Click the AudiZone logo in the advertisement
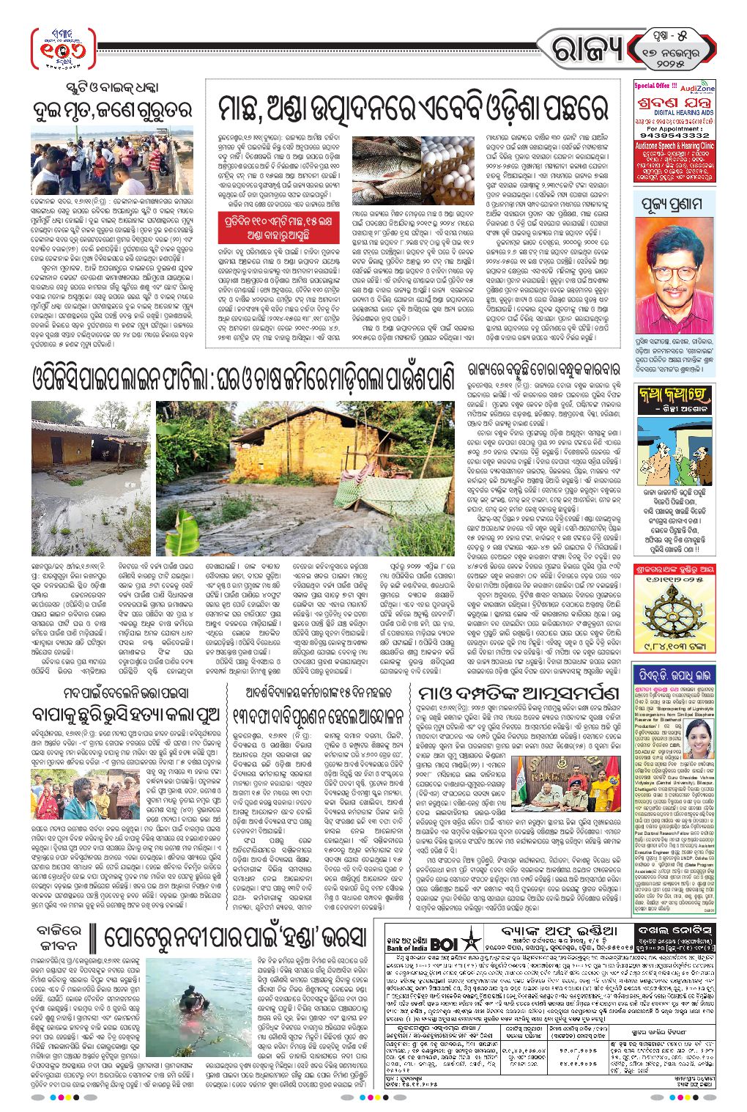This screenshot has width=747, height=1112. pyautogui.click(x=697, y=88)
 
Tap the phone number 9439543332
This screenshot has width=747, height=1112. pyautogui.click(x=674, y=136)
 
